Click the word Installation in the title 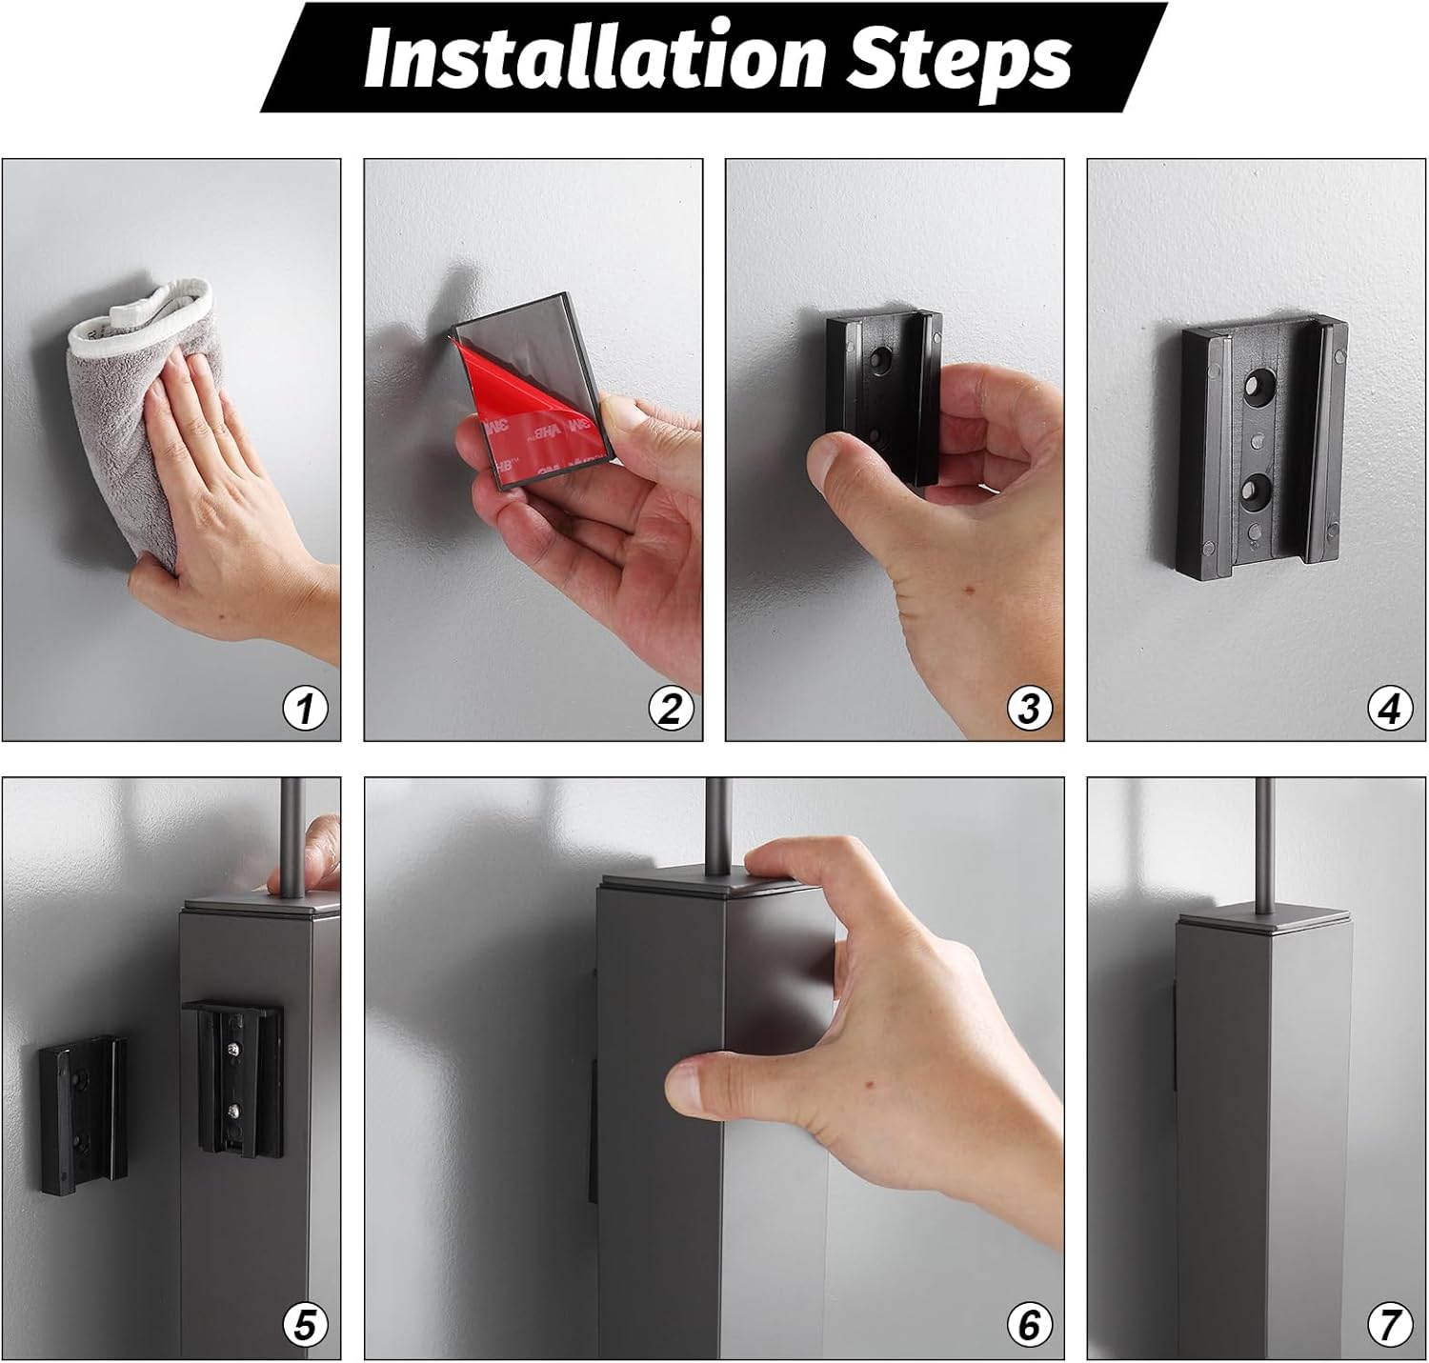594,57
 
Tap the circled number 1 305,709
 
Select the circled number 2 670,709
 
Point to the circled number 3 1030,709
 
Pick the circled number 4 1391,709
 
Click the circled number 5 305,1325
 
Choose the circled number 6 1030,1325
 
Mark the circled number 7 1391,1325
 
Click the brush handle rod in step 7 1265,845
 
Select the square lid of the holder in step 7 1265,920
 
